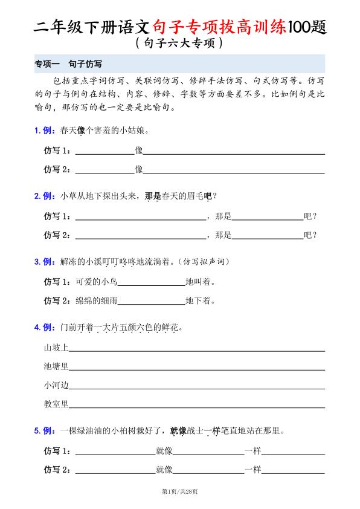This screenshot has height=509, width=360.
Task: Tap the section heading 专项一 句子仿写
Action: click(x=71, y=63)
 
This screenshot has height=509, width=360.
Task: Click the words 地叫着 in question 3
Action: click(x=200, y=282)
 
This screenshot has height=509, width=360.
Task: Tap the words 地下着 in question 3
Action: click(x=200, y=300)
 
